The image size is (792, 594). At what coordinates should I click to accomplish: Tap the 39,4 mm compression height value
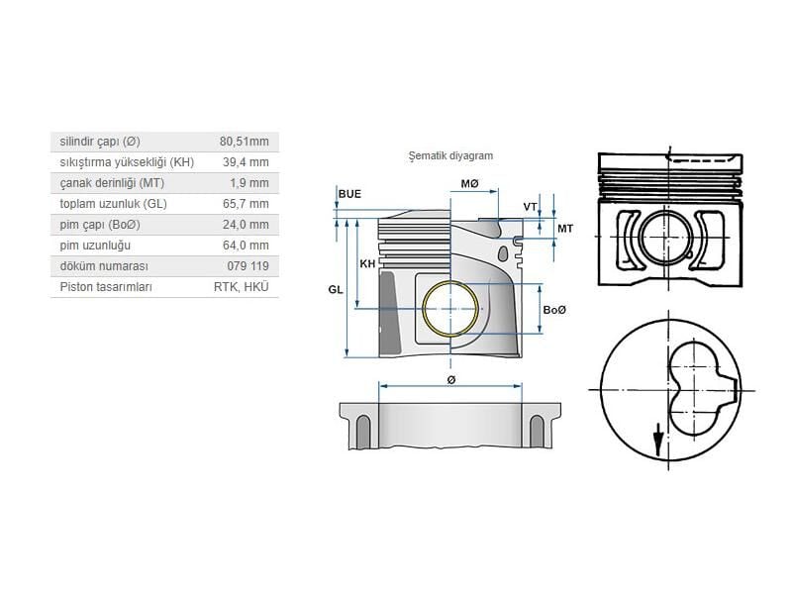point(246,161)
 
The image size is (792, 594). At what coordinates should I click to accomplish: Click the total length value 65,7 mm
point(246,203)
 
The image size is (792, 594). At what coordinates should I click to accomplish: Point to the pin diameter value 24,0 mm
point(246,224)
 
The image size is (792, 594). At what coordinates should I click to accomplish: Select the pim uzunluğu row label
point(95,245)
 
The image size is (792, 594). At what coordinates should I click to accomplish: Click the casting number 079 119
point(247,266)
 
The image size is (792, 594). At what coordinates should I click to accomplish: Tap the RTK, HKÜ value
point(241,287)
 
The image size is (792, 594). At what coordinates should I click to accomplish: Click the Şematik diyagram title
point(450,155)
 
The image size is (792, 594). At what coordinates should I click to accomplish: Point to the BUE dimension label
point(349,193)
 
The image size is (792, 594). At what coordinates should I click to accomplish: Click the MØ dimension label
point(469,184)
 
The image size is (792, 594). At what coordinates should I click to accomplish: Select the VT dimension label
point(531,206)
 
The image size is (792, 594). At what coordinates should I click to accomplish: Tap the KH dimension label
point(367,263)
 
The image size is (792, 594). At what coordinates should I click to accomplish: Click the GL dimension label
point(336,289)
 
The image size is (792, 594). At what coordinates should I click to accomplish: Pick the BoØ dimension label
point(555,310)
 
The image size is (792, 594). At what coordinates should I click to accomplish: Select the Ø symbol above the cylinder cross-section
point(450,378)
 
